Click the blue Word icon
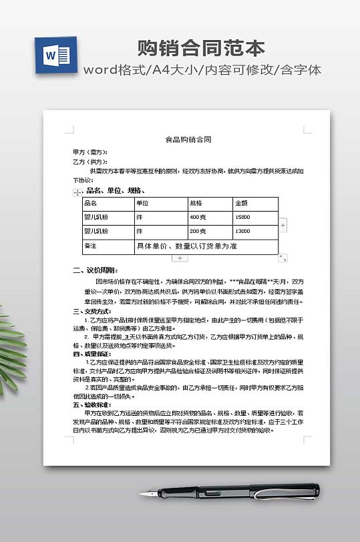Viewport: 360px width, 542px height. [53, 56]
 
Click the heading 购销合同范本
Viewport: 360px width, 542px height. [201, 48]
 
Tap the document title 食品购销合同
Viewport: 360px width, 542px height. [188, 140]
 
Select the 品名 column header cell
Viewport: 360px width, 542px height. [91, 203]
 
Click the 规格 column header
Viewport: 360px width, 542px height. [196, 203]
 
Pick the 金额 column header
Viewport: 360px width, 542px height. [241, 203]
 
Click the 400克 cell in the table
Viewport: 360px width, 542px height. [198, 218]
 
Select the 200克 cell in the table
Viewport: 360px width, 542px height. [198, 232]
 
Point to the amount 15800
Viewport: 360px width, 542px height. [243, 218]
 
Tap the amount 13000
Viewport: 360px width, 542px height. [243, 232]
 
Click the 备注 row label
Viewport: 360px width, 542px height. [90, 246]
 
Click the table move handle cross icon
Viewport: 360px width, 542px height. [75, 192]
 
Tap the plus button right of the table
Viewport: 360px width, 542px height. [283, 226]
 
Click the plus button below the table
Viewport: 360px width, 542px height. [180, 258]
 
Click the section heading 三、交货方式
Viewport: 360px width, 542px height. [92, 311]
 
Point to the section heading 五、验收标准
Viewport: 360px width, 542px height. [92, 404]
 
